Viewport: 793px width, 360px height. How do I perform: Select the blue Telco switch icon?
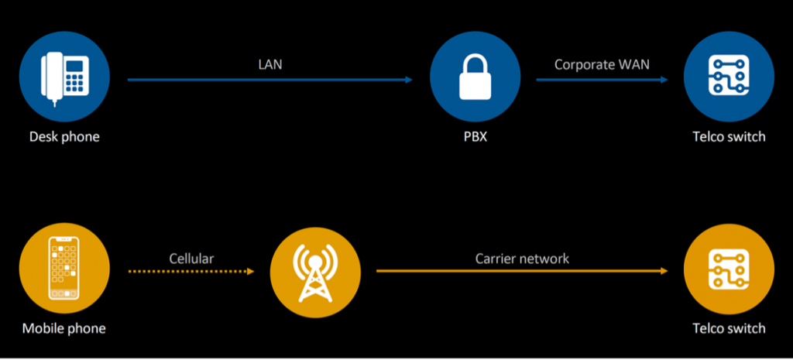tap(729, 79)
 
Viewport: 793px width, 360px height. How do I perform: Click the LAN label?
tap(269, 64)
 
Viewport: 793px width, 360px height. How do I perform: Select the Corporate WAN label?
tap(602, 64)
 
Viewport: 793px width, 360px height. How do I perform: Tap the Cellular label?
tap(192, 258)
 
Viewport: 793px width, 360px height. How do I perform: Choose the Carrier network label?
tap(522, 258)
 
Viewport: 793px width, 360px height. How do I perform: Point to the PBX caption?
tap(475, 137)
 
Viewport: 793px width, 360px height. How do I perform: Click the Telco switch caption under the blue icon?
tap(729, 137)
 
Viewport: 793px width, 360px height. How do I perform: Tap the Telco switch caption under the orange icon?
tap(729, 328)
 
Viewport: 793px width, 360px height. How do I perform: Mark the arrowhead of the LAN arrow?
tap(410, 79)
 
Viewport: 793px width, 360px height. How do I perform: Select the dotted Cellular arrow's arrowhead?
tap(250, 271)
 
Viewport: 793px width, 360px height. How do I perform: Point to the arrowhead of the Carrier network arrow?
tap(664, 271)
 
